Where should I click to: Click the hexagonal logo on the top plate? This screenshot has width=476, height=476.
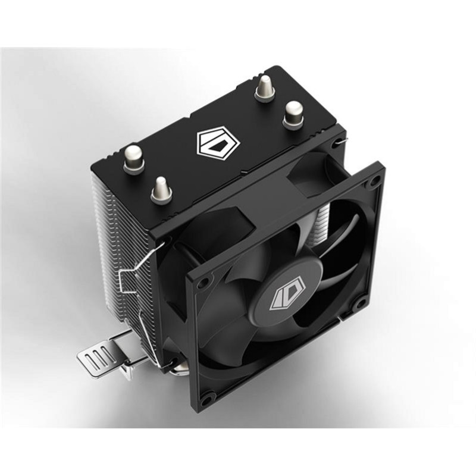click(x=217, y=145)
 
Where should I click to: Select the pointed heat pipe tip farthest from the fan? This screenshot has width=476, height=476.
click(x=264, y=89)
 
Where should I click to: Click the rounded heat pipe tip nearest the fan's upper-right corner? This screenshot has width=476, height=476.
click(x=293, y=114)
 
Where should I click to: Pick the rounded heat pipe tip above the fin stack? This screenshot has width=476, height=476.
click(x=134, y=159)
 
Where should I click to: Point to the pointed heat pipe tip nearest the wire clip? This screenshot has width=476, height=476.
click(x=160, y=190)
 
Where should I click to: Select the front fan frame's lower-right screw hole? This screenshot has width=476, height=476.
click(x=359, y=305)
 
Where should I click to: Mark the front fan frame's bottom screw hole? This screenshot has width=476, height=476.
click(x=206, y=396)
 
